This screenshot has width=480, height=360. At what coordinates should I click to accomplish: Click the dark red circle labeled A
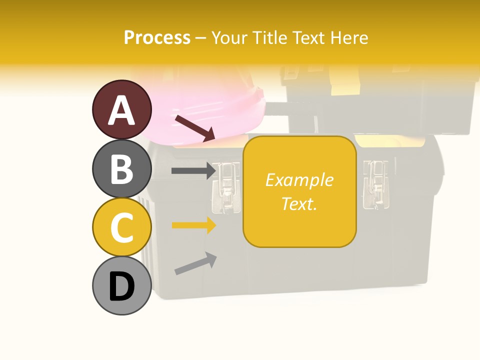pyautogui.click(x=121, y=109)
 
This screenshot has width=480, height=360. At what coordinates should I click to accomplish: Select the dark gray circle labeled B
pyautogui.click(x=121, y=168)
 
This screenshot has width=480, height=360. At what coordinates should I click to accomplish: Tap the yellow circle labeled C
pyautogui.click(x=121, y=227)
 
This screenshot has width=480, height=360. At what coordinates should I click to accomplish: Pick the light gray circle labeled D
pyautogui.click(x=121, y=286)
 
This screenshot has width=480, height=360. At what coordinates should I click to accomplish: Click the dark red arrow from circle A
pyautogui.click(x=195, y=127)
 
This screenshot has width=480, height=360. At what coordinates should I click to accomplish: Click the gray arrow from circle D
pyautogui.click(x=195, y=263)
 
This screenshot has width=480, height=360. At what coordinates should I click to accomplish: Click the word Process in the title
pyautogui.click(x=157, y=37)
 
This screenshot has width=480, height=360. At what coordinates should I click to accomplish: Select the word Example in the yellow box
pyautogui.click(x=299, y=180)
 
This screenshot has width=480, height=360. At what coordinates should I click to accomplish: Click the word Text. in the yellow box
pyautogui.click(x=299, y=203)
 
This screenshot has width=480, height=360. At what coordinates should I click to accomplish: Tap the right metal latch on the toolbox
pyautogui.click(x=373, y=184)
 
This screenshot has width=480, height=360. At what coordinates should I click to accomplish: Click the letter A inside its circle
pyautogui.click(x=121, y=110)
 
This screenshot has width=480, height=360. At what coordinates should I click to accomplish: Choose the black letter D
pyautogui.click(x=121, y=286)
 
